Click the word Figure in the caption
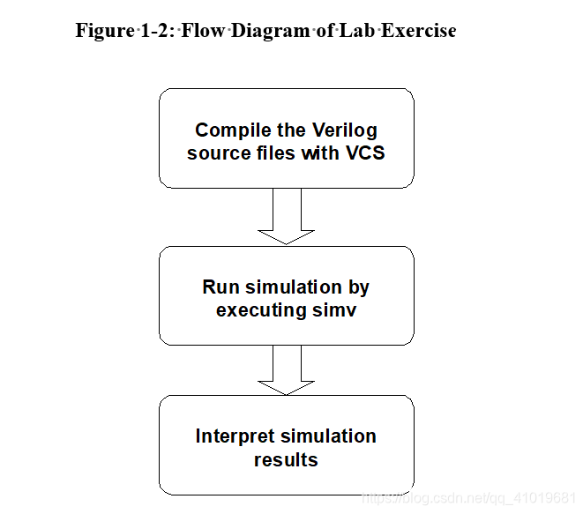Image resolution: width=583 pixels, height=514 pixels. (104, 30)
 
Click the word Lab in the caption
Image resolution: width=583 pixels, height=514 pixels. (353, 30)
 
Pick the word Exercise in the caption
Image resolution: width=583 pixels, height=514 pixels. (419, 30)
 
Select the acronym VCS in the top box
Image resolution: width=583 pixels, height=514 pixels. (363, 153)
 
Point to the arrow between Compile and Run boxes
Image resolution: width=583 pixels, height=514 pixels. (286, 216)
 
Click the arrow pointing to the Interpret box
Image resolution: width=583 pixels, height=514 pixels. (286, 369)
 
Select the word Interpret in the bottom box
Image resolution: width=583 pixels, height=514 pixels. (235, 436)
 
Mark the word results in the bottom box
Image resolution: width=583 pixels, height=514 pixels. (286, 458)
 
